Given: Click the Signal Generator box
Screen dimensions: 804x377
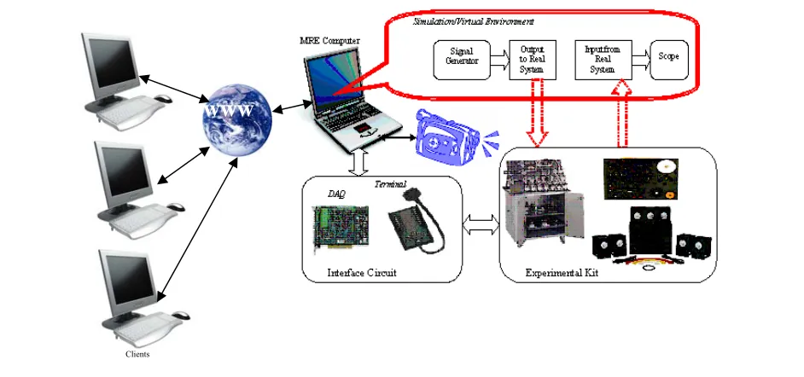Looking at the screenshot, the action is coord(462,60).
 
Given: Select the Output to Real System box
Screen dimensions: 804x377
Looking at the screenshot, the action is coord(533,60).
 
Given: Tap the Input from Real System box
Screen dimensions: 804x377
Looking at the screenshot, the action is coord(603,60).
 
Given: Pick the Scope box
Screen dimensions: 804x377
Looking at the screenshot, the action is coord(669,60).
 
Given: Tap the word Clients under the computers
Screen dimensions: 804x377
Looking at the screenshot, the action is coord(137,354).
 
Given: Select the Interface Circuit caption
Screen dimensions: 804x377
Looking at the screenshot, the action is coord(362,272).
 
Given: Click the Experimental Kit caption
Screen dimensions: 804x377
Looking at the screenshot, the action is coord(562,273).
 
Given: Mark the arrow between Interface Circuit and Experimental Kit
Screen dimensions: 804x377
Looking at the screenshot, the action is coord(481,225).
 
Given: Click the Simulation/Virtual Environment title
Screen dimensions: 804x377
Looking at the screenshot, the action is coord(474,22).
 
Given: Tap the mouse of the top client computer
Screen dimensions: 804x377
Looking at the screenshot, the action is coord(164,99).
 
